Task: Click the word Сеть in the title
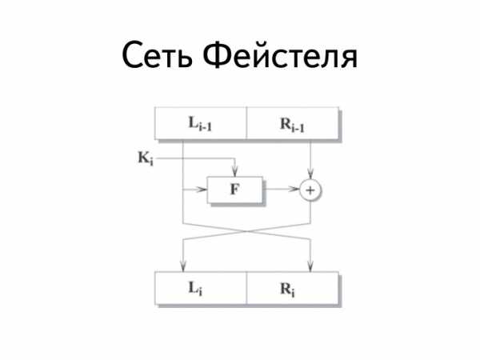[158, 55]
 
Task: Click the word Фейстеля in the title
[280, 54]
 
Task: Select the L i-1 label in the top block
[200, 124]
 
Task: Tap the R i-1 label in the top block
[292, 125]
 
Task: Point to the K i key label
[146, 158]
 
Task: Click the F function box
[234, 190]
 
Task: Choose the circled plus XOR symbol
[310, 190]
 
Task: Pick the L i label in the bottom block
[195, 288]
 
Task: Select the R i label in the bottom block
[287, 290]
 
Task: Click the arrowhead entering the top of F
[234, 172]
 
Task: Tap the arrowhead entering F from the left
[202, 190]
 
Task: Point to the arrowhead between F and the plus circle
[294, 189]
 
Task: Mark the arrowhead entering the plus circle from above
[310, 175]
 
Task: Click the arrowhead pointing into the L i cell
[183, 266]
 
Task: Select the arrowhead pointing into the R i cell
[310, 266]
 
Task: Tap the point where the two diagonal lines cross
[246, 231]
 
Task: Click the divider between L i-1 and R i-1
[246, 123]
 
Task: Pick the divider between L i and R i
[246, 288]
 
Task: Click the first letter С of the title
[134, 55]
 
